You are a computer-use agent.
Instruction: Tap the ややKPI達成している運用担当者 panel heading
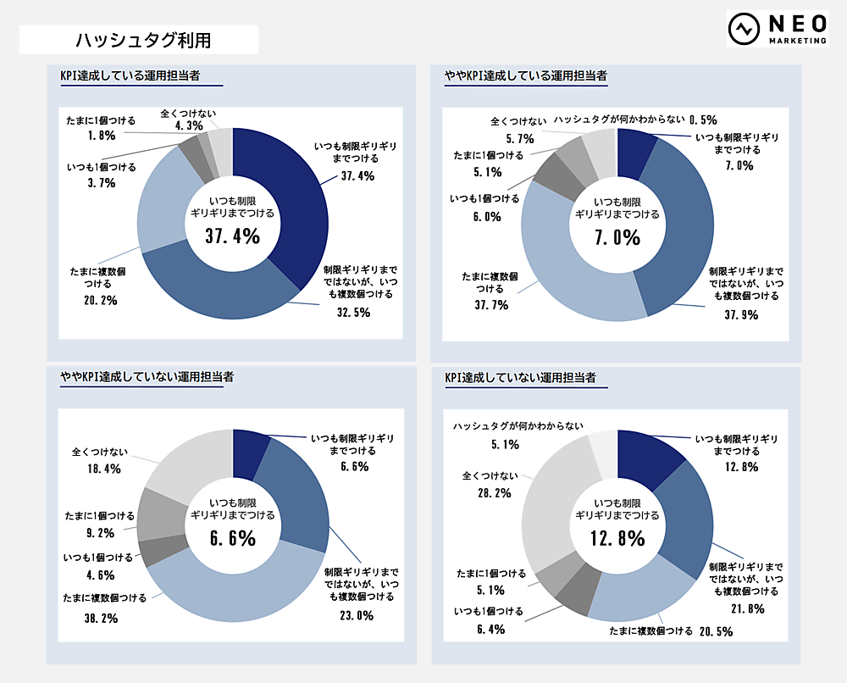click(526, 75)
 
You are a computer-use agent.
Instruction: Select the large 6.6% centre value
click(232, 538)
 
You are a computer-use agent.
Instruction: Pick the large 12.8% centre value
click(617, 538)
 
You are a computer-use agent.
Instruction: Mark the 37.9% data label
click(739, 315)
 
